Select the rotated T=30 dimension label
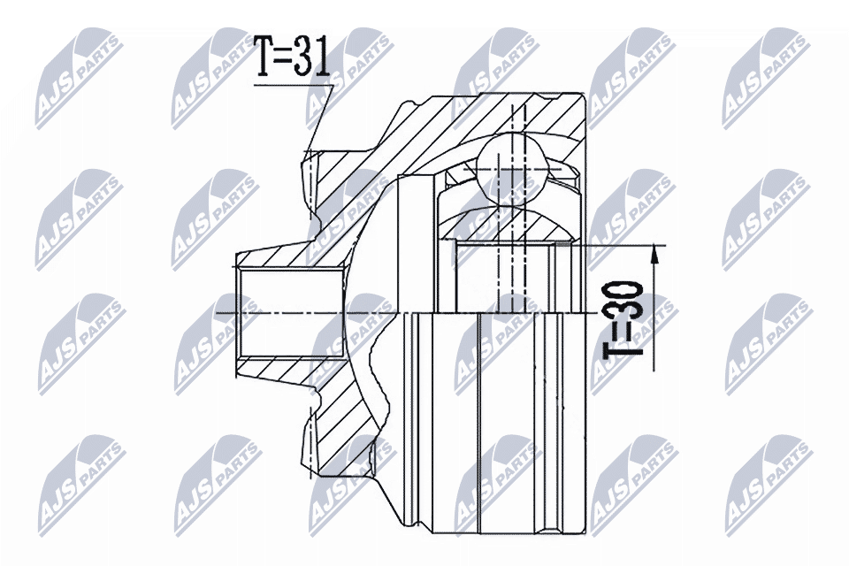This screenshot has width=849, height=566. (623, 318)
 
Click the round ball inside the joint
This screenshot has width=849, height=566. (511, 170)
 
